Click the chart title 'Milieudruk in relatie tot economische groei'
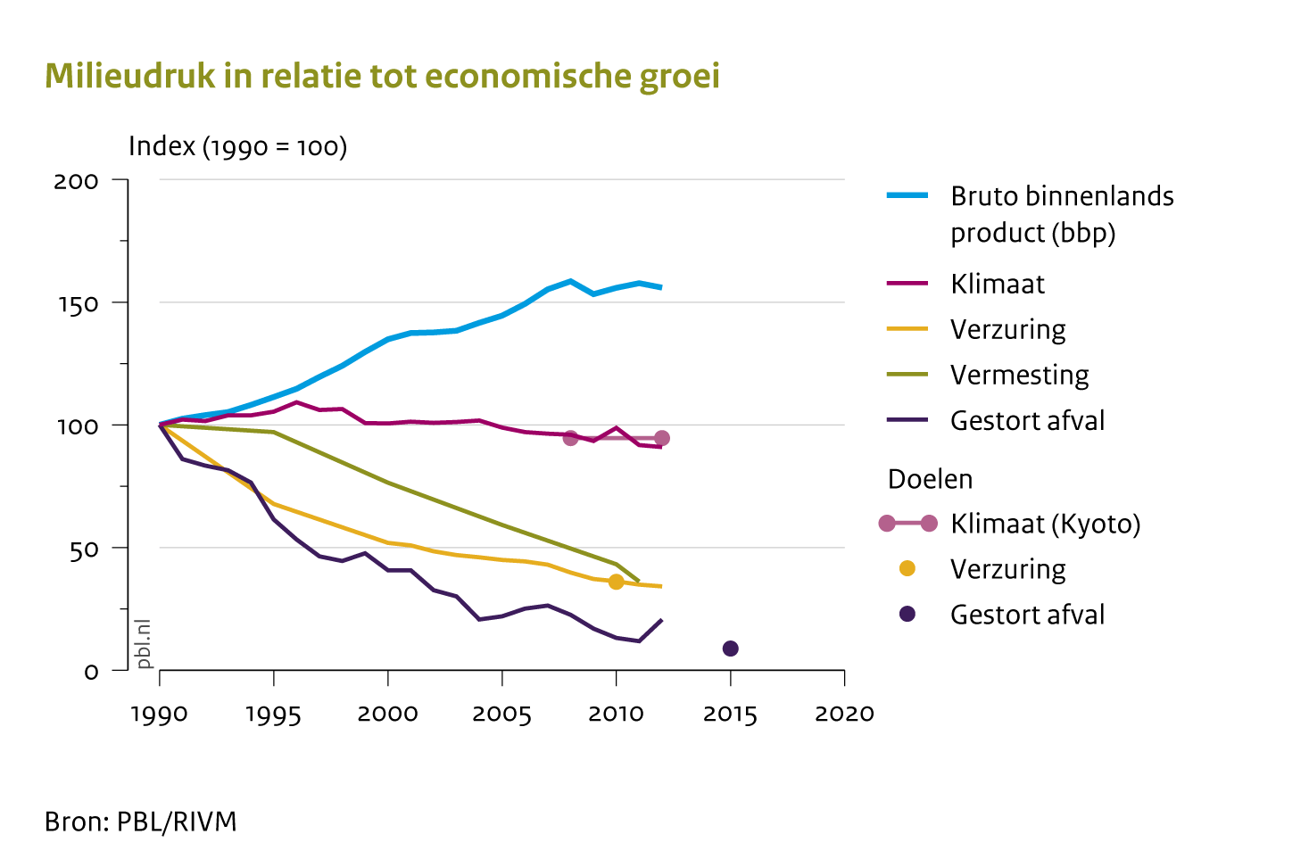pyautogui.click(x=382, y=77)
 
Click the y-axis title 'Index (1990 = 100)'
pyautogui.click(x=237, y=146)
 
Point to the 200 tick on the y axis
pyautogui.click(x=76, y=181)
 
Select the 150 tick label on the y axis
pyautogui.click(x=76, y=304)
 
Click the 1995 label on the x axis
pyautogui.click(x=273, y=715)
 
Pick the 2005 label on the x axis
pyautogui.click(x=501, y=715)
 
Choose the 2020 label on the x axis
pyautogui.click(x=844, y=715)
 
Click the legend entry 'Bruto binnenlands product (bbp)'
pyautogui.click(x=1061, y=214)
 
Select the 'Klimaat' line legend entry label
pyautogui.click(x=997, y=284)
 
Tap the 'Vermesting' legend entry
pyautogui.click(x=1019, y=375)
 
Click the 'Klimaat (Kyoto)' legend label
pyautogui.click(x=1045, y=524)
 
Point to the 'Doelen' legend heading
pyautogui.click(x=930, y=479)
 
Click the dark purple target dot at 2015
pyautogui.click(x=730, y=649)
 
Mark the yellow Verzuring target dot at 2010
pyautogui.click(x=616, y=582)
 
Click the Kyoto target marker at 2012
pyautogui.click(x=661, y=438)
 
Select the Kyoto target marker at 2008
pyautogui.click(x=570, y=438)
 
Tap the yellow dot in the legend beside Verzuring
pyautogui.click(x=907, y=569)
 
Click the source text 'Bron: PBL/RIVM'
pyautogui.click(x=141, y=822)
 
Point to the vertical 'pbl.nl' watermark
pyautogui.click(x=144, y=643)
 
